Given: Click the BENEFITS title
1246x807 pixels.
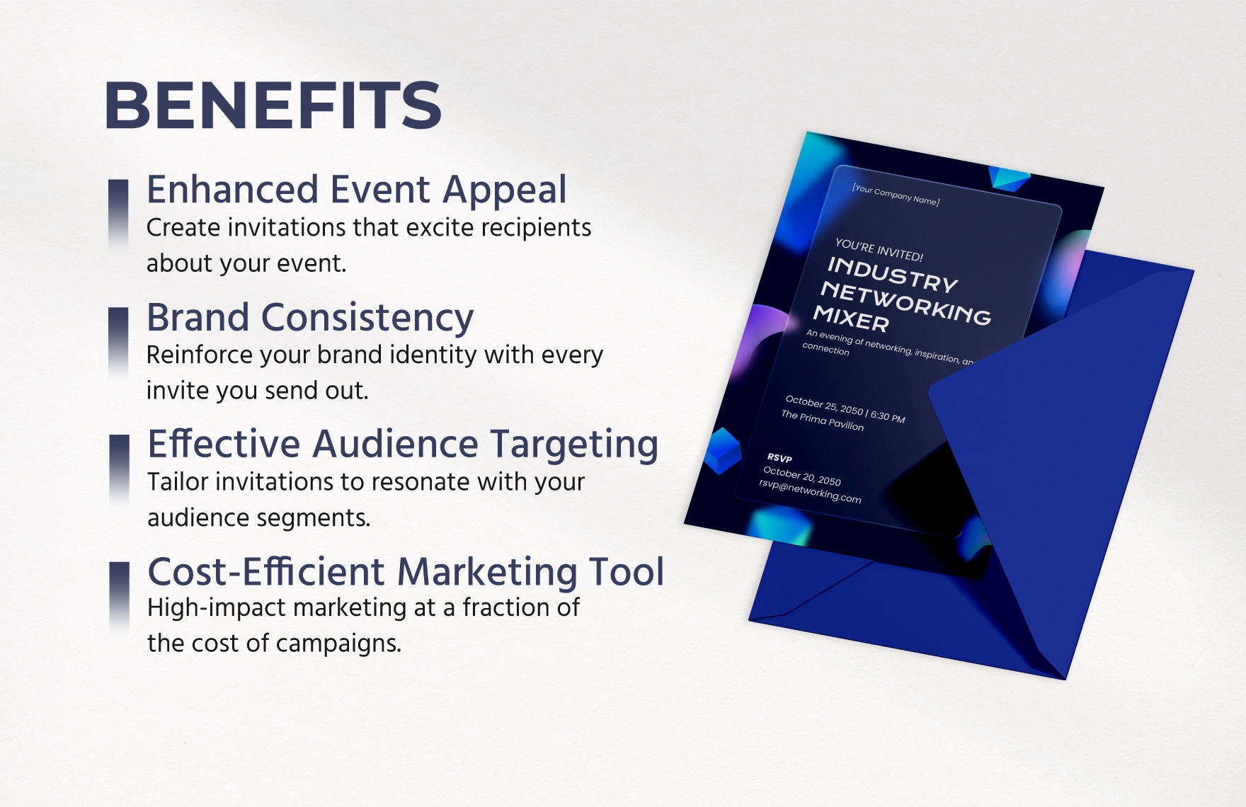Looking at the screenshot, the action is [x=273, y=105].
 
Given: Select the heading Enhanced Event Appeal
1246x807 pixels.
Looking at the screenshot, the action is [x=356, y=190].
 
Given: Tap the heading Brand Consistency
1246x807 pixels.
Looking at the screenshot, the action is [x=310, y=317].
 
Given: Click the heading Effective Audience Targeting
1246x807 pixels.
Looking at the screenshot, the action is [x=403, y=445].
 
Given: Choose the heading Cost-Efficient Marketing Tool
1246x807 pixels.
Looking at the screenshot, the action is [x=406, y=571].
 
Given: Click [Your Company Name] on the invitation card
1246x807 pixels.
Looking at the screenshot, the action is [x=896, y=195].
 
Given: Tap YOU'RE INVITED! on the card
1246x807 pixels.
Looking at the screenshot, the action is [x=879, y=250].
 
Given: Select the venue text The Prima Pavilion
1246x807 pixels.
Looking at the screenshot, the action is [x=822, y=420].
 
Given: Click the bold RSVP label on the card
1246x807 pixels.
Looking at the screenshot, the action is [x=779, y=458].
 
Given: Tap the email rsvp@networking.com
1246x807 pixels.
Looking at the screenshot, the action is [x=810, y=491].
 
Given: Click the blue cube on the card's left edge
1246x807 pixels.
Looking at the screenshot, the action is [x=722, y=450].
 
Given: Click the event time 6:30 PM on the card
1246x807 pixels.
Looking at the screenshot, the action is [x=888, y=416].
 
